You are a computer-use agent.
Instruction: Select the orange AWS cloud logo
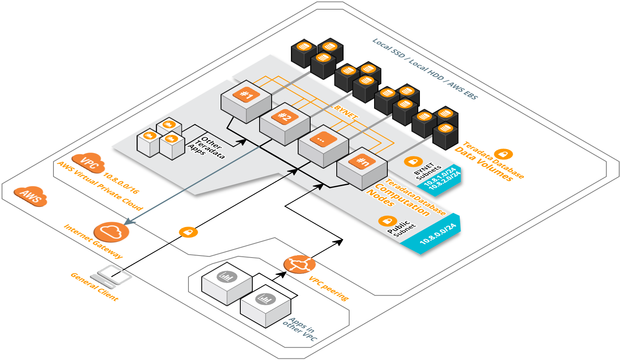[x=31, y=196]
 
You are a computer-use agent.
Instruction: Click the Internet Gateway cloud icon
[x=111, y=232]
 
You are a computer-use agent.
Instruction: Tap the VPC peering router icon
[x=299, y=264]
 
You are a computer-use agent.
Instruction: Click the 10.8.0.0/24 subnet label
[x=438, y=234]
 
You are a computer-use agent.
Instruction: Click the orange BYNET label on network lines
[x=346, y=111]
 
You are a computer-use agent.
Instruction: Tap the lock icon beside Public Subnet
[x=387, y=221]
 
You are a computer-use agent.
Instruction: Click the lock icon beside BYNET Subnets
[x=413, y=162]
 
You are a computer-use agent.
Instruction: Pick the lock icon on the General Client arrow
[x=188, y=232]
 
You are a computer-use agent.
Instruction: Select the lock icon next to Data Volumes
[x=503, y=154]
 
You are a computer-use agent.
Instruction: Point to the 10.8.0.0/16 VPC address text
[x=121, y=183]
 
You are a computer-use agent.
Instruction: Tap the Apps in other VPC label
[x=300, y=329]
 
